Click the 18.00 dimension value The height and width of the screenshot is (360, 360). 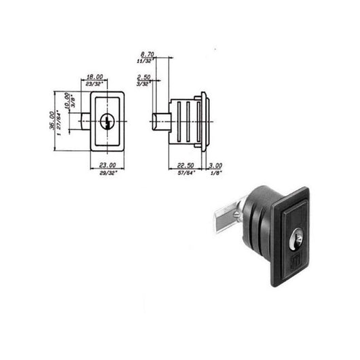click(x=95, y=77)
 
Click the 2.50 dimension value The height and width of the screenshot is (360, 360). click(x=144, y=77)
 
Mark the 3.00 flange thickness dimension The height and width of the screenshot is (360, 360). click(x=216, y=165)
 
